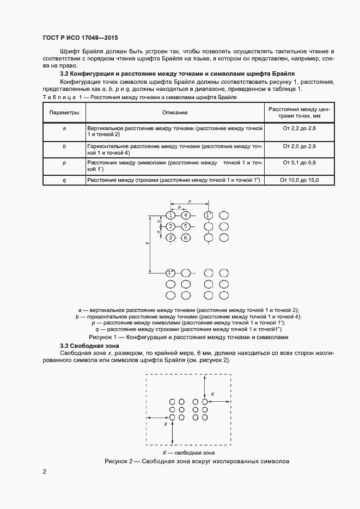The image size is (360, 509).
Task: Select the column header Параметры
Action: (x=64, y=112)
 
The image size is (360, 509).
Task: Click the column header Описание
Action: (x=174, y=112)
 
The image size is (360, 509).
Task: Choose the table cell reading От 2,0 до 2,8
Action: (x=299, y=147)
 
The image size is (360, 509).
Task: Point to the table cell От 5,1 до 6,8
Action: (x=299, y=162)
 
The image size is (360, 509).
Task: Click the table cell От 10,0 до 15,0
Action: (x=299, y=180)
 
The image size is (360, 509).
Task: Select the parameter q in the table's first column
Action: (x=64, y=180)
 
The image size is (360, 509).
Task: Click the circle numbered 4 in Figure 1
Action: (x=186, y=215)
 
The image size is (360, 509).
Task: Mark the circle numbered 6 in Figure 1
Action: (x=186, y=238)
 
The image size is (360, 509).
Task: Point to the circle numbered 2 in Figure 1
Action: (x=170, y=226)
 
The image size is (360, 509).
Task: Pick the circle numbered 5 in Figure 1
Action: (x=186, y=226)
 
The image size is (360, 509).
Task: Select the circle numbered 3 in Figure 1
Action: (x=170, y=238)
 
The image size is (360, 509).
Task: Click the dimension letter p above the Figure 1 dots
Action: (x=189, y=201)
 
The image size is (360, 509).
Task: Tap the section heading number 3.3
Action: (x=65, y=346)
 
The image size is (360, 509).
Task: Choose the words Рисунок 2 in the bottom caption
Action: (x=119, y=462)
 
